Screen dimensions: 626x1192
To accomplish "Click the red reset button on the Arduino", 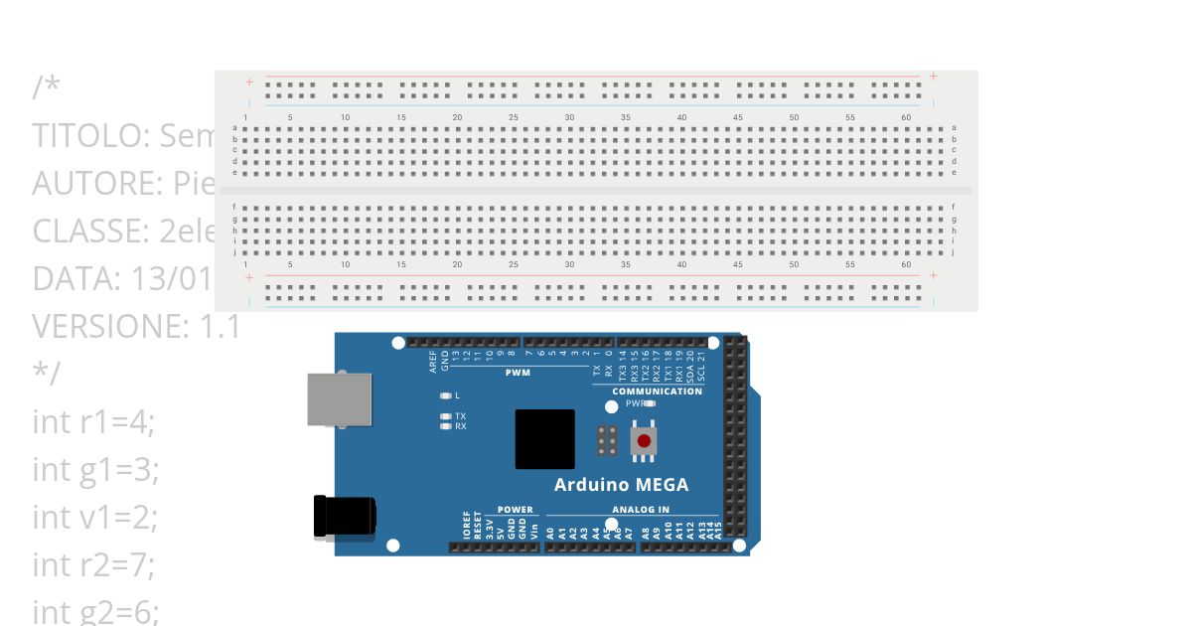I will click(644, 440).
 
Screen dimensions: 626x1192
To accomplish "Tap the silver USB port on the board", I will click(340, 400).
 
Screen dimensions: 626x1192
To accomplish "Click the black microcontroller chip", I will click(544, 439).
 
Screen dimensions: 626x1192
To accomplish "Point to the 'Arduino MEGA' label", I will click(621, 485).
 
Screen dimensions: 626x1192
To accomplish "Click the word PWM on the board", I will click(518, 374).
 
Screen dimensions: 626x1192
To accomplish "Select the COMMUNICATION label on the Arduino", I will click(657, 391).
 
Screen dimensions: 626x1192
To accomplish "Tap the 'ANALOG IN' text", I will click(641, 510).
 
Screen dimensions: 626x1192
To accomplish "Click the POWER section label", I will click(515, 510).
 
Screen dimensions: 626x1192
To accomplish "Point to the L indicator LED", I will click(446, 395).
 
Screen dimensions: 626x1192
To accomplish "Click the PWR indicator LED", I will click(650, 403).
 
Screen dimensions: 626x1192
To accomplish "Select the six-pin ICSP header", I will click(607, 440).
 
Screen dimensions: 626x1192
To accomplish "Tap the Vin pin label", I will click(534, 528).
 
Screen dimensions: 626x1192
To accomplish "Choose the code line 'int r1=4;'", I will click(93, 422).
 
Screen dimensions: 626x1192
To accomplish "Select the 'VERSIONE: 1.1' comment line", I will click(136, 326).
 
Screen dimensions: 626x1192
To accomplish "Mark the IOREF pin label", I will click(467, 526).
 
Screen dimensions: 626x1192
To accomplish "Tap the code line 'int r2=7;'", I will click(93, 564).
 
